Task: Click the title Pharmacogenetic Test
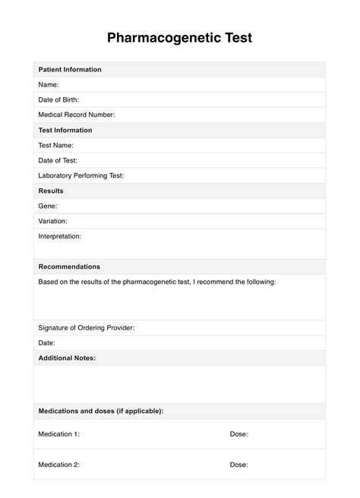coord(179,37)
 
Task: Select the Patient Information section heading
coord(70,70)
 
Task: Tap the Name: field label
coord(49,85)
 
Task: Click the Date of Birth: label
coord(58,99)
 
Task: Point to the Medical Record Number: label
coord(77,115)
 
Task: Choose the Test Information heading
coord(65,130)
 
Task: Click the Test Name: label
coord(57,145)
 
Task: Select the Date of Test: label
coord(58,160)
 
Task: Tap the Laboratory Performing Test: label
coord(81,175)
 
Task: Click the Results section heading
coord(51,191)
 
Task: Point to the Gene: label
coord(48,206)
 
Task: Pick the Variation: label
coord(53,221)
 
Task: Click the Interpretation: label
coord(60,236)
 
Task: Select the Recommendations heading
coord(69,266)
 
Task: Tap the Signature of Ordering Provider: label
coord(87,328)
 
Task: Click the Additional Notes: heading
coord(67,358)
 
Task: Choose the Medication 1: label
coord(59,434)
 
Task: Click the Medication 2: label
coord(59,464)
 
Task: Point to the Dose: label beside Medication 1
coord(239,434)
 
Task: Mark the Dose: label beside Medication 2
coord(239,464)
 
